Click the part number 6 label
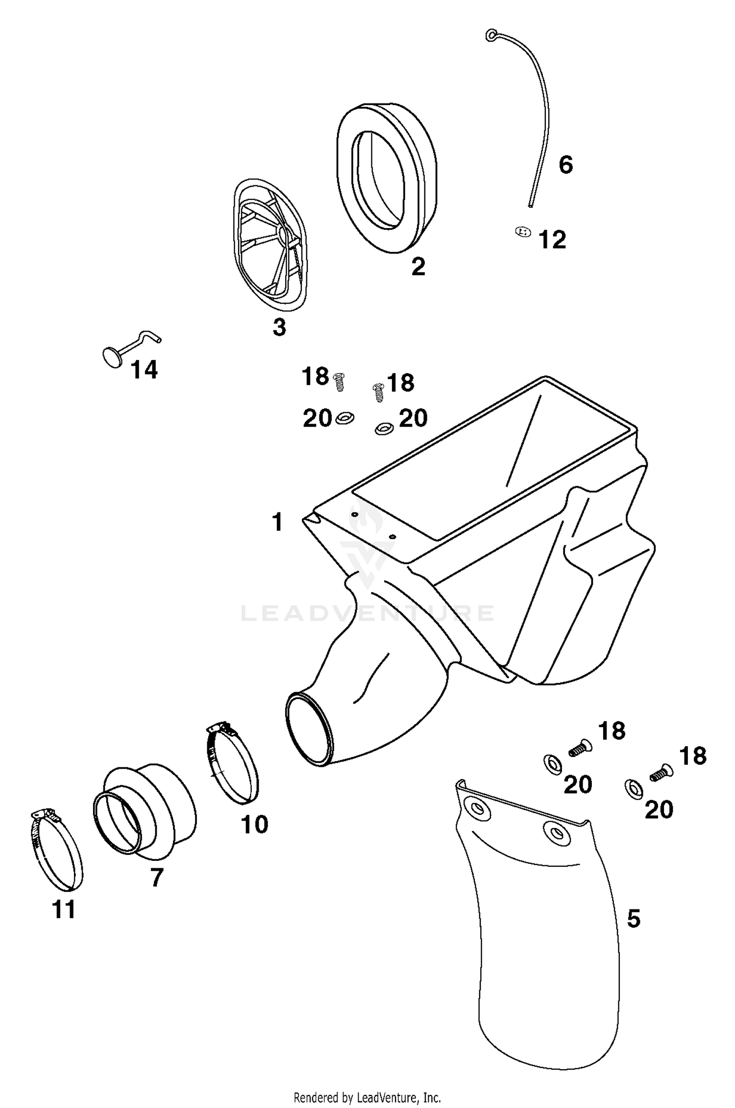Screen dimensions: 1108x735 (x=565, y=165)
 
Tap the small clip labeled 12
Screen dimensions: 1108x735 (x=523, y=231)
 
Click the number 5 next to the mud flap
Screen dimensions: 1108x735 (x=634, y=918)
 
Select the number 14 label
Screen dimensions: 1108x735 (x=144, y=370)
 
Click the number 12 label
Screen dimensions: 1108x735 (x=552, y=240)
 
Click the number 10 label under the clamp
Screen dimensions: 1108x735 (x=254, y=825)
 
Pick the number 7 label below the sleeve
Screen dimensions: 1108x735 (x=156, y=878)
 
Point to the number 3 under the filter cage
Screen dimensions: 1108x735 (x=279, y=327)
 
